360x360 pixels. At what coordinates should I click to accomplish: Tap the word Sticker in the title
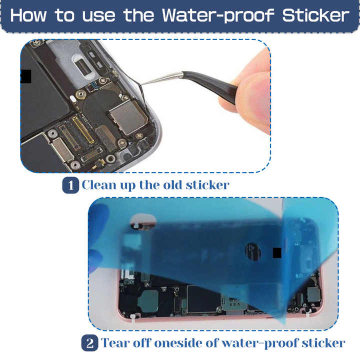pos(314,15)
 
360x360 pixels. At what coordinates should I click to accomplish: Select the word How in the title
pos(29,15)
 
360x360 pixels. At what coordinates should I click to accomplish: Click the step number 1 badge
pos(70,185)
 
